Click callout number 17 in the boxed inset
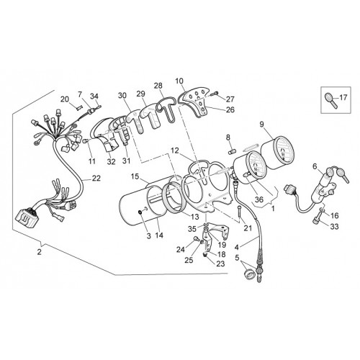pyautogui.click(x=343, y=98)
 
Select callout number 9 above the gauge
pyautogui.click(x=261, y=124)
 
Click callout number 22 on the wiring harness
pyautogui.click(x=96, y=179)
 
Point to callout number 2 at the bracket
pyautogui.click(x=39, y=252)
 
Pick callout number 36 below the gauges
pyautogui.click(x=260, y=199)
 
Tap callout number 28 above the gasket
pyautogui.click(x=158, y=86)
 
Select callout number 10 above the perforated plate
pyautogui.click(x=179, y=81)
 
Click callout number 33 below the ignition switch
pyautogui.click(x=334, y=226)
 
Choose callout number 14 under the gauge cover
pyautogui.click(x=159, y=235)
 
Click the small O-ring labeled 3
pyautogui.click(x=140, y=212)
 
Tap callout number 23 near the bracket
pyautogui.click(x=220, y=264)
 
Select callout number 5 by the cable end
pyautogui.click(x=237, y=258)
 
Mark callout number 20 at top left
pyautogui.click(x=64, y=99)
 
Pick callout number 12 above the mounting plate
pyautogui.click(x=175, y=150)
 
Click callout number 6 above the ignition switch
pyautogui.click(x=315, y=166)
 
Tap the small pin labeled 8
pyautogui.click(x=231, y=152)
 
